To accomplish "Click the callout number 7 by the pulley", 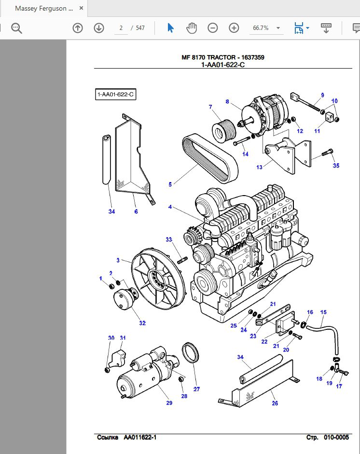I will coord(210,107).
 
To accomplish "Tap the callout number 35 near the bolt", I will coord(336,166).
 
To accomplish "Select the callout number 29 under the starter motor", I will coord(169,403).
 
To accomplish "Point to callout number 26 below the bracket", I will coord(275,404).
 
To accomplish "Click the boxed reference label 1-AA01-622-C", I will coord(116,95).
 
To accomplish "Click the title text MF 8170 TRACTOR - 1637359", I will coord(222,57).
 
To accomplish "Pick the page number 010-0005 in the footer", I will coord(336,438).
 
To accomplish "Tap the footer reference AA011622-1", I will coord(140,438).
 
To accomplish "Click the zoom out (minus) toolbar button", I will coord(213,28).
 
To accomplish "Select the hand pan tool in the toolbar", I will coord(192,28).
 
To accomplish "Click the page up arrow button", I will coord(78,28).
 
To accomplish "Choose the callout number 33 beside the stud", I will coord(169,240).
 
